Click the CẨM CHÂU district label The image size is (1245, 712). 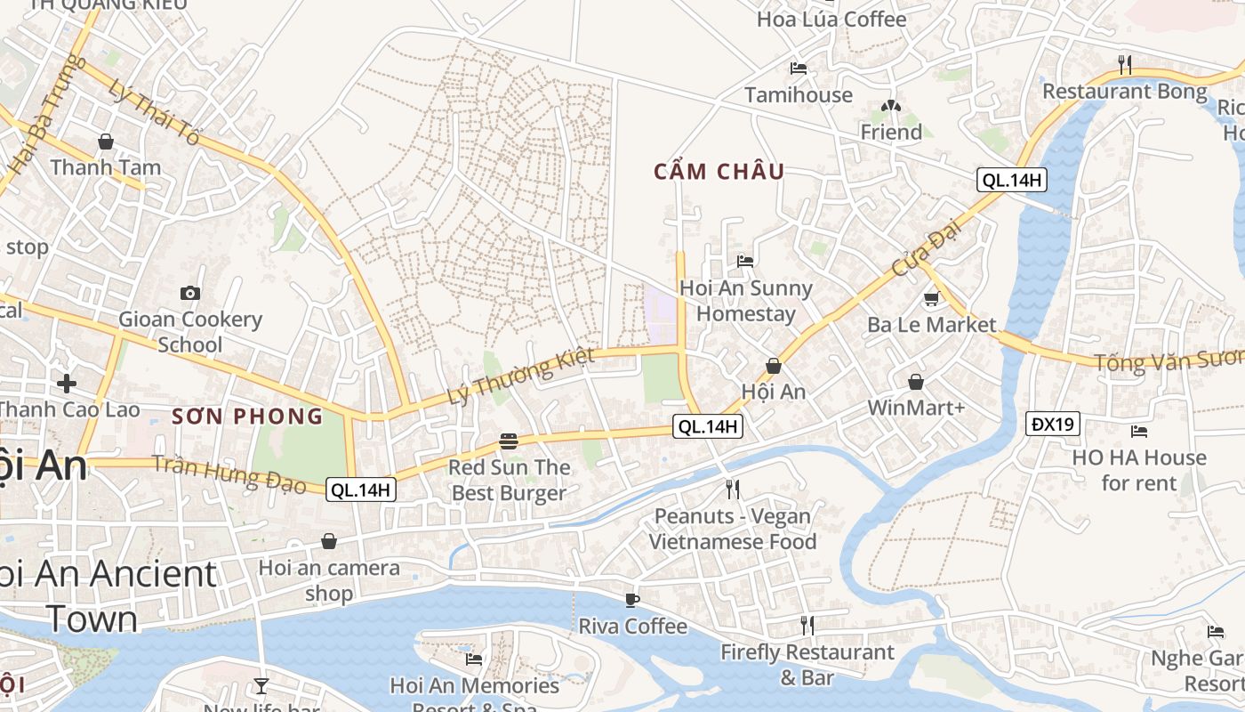point(719,172)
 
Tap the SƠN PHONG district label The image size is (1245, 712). point(247,416)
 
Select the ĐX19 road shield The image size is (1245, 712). point(1053,425)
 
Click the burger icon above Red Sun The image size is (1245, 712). point(509,441)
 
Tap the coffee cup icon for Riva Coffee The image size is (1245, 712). point(632,600)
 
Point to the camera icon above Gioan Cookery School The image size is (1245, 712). point(189,293)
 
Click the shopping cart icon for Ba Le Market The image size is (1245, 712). point(932,298)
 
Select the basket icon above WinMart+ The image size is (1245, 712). point(916,382)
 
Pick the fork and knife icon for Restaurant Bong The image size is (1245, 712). point(1125,64)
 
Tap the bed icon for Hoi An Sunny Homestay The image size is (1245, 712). point(745,262)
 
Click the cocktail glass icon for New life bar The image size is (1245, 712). point(261,685)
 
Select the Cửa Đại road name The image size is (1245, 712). point(916,252)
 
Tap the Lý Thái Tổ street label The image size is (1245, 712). point(154,112)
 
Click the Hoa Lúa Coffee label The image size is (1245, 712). point(831,19)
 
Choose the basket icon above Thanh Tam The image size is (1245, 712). point(106,142)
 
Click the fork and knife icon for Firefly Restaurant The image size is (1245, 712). point(807,626)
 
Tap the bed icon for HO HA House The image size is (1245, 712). point(1139,432)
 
